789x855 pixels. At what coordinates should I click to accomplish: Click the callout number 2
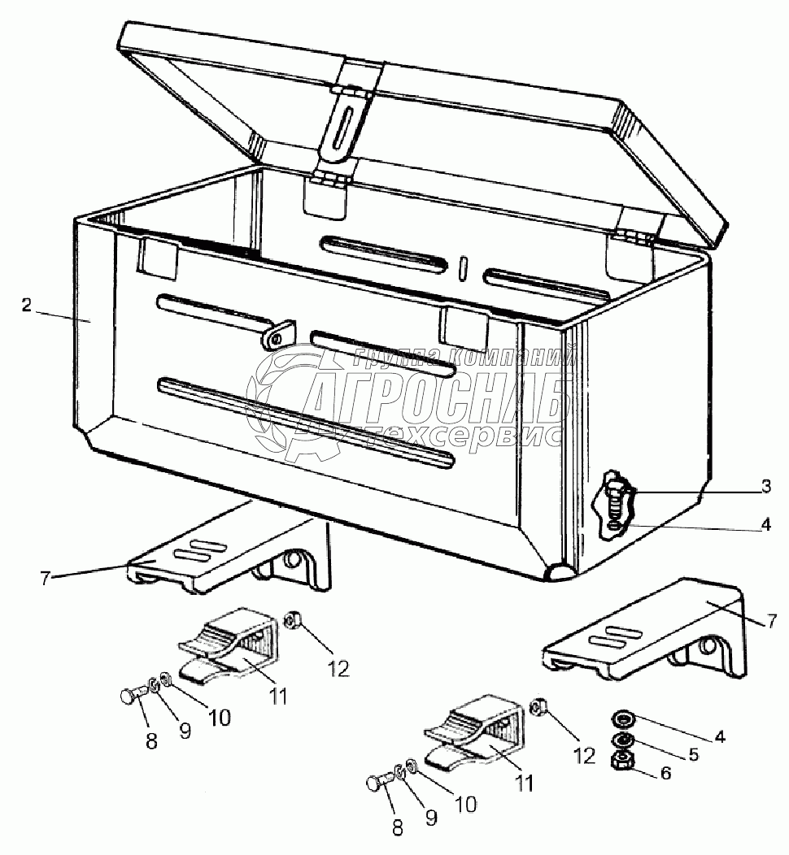tap(26, 306)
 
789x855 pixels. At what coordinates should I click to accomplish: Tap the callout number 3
tap(765, 487)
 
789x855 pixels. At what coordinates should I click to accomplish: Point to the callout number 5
tap(693, 754)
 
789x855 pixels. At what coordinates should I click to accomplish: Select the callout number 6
tap(665, 774)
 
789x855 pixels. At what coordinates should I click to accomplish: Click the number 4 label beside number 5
tap(718, 737)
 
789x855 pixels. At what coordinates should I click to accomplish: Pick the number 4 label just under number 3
tap(765, 524)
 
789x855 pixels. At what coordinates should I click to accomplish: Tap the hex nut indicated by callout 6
tap(623, 761)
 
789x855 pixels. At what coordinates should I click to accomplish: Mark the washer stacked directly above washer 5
tap(624, 718)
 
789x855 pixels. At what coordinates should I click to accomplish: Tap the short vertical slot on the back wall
tap(462, 268)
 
